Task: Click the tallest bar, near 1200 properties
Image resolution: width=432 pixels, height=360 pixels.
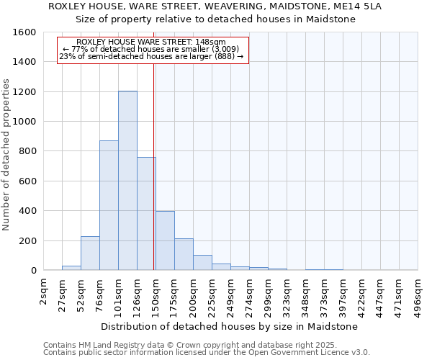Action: tap(127, 180)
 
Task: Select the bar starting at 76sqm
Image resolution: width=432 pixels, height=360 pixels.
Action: tap(109, 205)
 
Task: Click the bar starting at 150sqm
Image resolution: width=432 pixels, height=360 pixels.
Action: tap(165, 240)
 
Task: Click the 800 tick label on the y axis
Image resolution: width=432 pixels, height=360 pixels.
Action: tap(28, 151)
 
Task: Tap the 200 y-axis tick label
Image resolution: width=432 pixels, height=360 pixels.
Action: tap(28, 240)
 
